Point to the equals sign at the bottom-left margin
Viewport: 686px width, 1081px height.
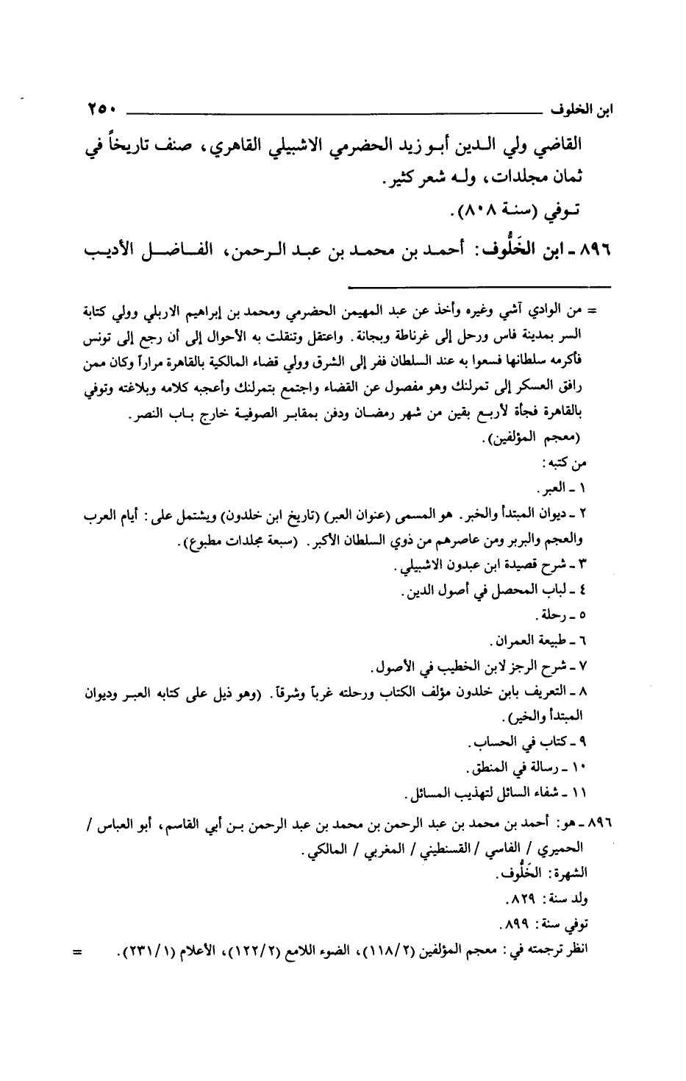click(x=77, y=949)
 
